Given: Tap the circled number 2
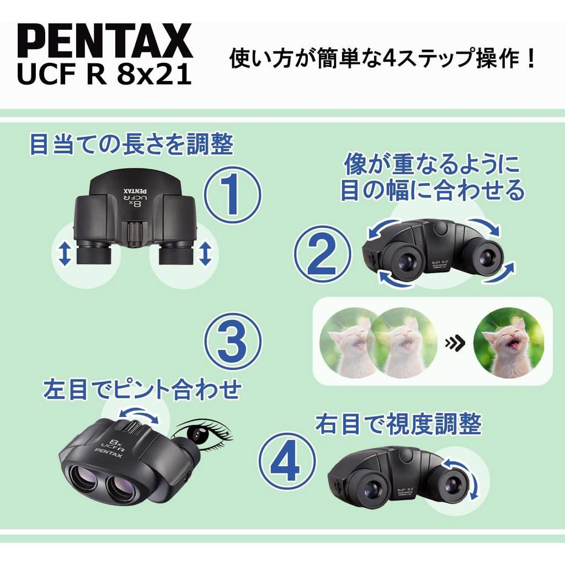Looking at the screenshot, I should coord(322,254).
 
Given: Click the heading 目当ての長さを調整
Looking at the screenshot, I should coord(131,145).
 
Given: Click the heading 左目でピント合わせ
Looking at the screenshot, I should coord(142,390).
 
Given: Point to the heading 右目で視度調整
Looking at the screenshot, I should coord(398,424).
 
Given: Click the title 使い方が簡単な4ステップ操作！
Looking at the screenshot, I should coord(383,58).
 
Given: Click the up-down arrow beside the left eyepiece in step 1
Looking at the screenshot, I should coord(65,254).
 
